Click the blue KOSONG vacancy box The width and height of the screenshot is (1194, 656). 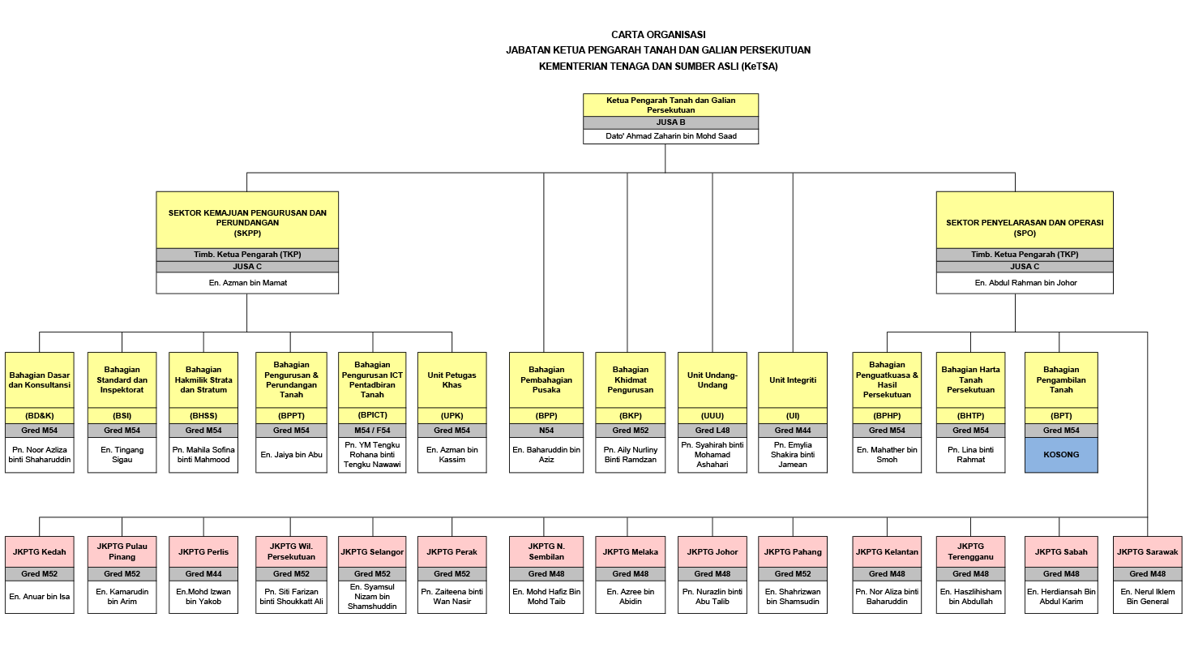click(x=1061, y=455)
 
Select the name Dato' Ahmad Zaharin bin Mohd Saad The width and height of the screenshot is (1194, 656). click(x=670, y=136)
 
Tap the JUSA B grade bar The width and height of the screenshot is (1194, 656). click(x=670, y=122)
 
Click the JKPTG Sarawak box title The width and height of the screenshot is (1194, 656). click(x=1147, y=552)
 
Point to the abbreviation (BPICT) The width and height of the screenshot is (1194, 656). click(x=372, y=415)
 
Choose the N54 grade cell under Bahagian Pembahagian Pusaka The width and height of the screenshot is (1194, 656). click(x=546, y=431)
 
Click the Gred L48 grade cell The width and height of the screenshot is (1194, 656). click(x=713, y=431)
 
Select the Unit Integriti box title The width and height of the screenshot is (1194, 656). click(x=793, y=379)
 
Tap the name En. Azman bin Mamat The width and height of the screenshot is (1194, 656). click(x=247, y=283)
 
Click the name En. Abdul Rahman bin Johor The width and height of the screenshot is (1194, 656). click(x=1025, y=283)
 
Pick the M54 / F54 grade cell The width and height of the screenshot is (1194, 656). click(x=372, y=430)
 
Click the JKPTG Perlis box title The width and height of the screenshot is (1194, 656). click(x=203, y=552)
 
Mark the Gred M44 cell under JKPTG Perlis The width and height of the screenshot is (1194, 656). click(x=203, y=574)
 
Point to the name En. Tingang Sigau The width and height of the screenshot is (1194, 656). click(x=122, y=454)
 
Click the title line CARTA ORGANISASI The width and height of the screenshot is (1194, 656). click(x=658, y=35)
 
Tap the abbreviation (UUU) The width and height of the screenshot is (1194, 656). click(x=713, y=415)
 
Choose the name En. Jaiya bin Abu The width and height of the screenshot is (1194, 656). click(x=291, y=454)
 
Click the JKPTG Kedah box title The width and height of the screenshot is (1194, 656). click(x=40, y=552)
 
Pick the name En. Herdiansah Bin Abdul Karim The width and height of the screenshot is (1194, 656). click(x=1061, y=596)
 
